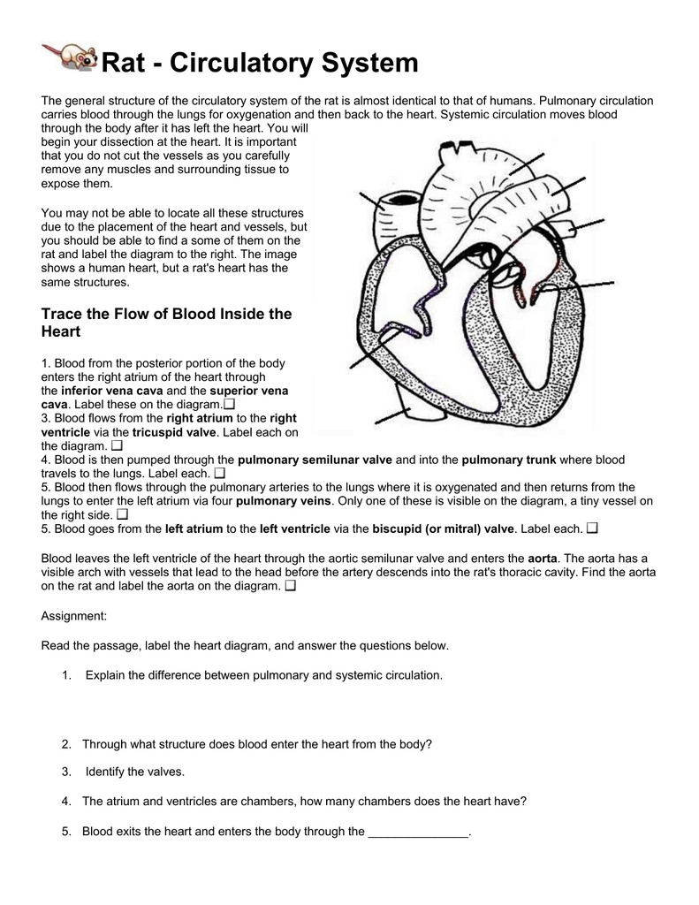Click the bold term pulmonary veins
(x=284, y=500)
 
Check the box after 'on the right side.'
(x=122, y=514)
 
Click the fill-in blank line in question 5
(x=418, y=832)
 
